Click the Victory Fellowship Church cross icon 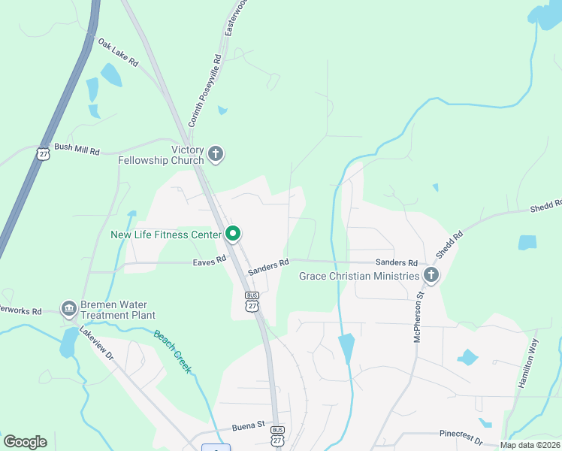216,155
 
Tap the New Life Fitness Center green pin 233,235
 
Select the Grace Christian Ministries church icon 431,276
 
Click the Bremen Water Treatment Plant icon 69,308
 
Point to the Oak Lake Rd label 118,53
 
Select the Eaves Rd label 209,260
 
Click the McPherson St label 420,317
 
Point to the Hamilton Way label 528,364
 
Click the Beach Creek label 173,350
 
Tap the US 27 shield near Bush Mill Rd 42,153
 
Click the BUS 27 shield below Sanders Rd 252,301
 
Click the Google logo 25,441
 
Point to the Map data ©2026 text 529,445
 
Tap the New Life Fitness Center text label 166,235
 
